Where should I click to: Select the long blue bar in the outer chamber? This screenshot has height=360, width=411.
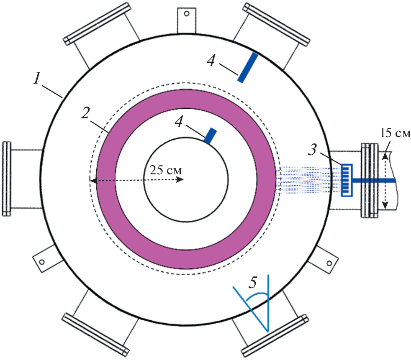click(x=247, y=67)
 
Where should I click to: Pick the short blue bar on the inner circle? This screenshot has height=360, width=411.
click(x=211, y=135)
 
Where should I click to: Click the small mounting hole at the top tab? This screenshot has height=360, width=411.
click(x=187, y=14)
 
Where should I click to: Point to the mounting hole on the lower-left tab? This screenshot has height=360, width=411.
click(x=42, y=262)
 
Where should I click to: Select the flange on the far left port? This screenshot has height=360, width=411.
click(x=5, y=179)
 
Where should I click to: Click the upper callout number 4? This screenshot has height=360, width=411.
click(x=211, y=61)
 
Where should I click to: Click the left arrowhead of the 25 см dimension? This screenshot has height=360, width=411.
click(x=92, y=180)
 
